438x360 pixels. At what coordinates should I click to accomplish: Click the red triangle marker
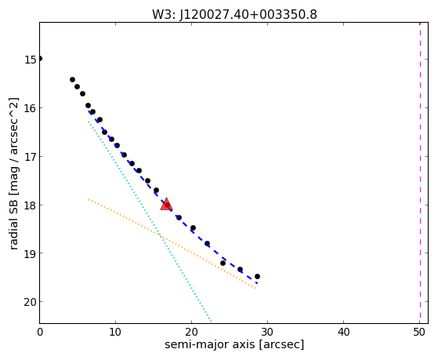pos(166,204)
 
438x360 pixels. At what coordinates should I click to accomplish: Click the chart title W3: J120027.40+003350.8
pos(234,15)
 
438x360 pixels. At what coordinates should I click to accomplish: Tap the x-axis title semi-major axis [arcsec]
pos(234,344)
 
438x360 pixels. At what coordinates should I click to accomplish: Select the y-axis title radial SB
pos(13,221)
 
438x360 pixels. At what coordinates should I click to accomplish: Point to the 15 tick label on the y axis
pos(31,60)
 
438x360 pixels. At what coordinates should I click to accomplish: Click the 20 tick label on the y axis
pos(31,302)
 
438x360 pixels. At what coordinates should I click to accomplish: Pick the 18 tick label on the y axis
pos(31,205)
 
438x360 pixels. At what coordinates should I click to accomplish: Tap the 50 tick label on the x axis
pos(419,332)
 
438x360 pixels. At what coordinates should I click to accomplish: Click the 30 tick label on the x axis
pos(268,332)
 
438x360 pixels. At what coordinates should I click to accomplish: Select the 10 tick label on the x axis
pos(115,332)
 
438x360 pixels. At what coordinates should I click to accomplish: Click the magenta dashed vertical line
pos(420,173)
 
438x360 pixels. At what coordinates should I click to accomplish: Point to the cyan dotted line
pos(150,222)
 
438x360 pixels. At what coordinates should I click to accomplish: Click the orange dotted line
pos(172,243)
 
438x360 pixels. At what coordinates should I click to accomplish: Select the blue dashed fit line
pos(172,198)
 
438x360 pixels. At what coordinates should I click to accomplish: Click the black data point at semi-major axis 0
pos(40,59)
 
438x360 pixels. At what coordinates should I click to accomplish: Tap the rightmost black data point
pos(257,276)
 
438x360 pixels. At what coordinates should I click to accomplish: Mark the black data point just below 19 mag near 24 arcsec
pos(223,263)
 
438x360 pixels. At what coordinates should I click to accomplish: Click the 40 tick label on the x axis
pos(344,332)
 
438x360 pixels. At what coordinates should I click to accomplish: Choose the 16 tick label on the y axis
pos(31,108)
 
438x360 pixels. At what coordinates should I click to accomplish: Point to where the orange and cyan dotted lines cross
pos(160,235)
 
